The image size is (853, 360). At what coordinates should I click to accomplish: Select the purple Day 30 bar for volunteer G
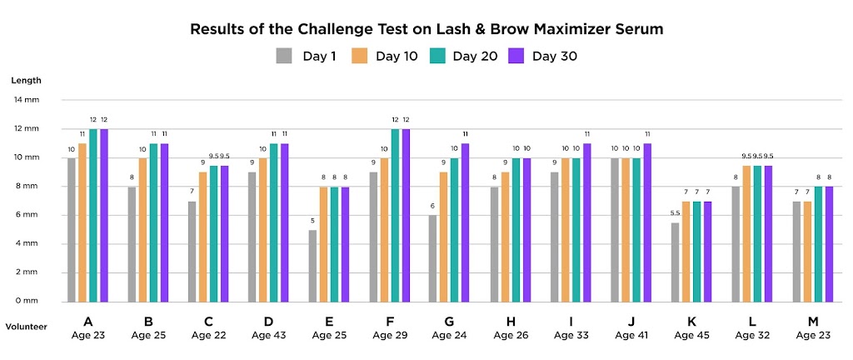(466, 222)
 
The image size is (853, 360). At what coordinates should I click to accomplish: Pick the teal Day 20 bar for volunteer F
(395, 215)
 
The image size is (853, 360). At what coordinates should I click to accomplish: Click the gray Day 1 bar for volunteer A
(72, 229)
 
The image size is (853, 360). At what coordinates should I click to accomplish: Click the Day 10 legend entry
(388, 57)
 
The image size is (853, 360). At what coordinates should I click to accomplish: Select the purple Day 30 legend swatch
(516, 57)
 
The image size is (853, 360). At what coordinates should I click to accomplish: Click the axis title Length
(26, 81)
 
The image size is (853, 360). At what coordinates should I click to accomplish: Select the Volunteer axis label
(26, 327)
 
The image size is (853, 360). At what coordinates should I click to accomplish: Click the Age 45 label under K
(690, 335)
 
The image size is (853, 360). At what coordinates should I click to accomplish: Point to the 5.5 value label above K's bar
(675, 214)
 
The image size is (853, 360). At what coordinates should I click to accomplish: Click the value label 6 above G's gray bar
(433, 207)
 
